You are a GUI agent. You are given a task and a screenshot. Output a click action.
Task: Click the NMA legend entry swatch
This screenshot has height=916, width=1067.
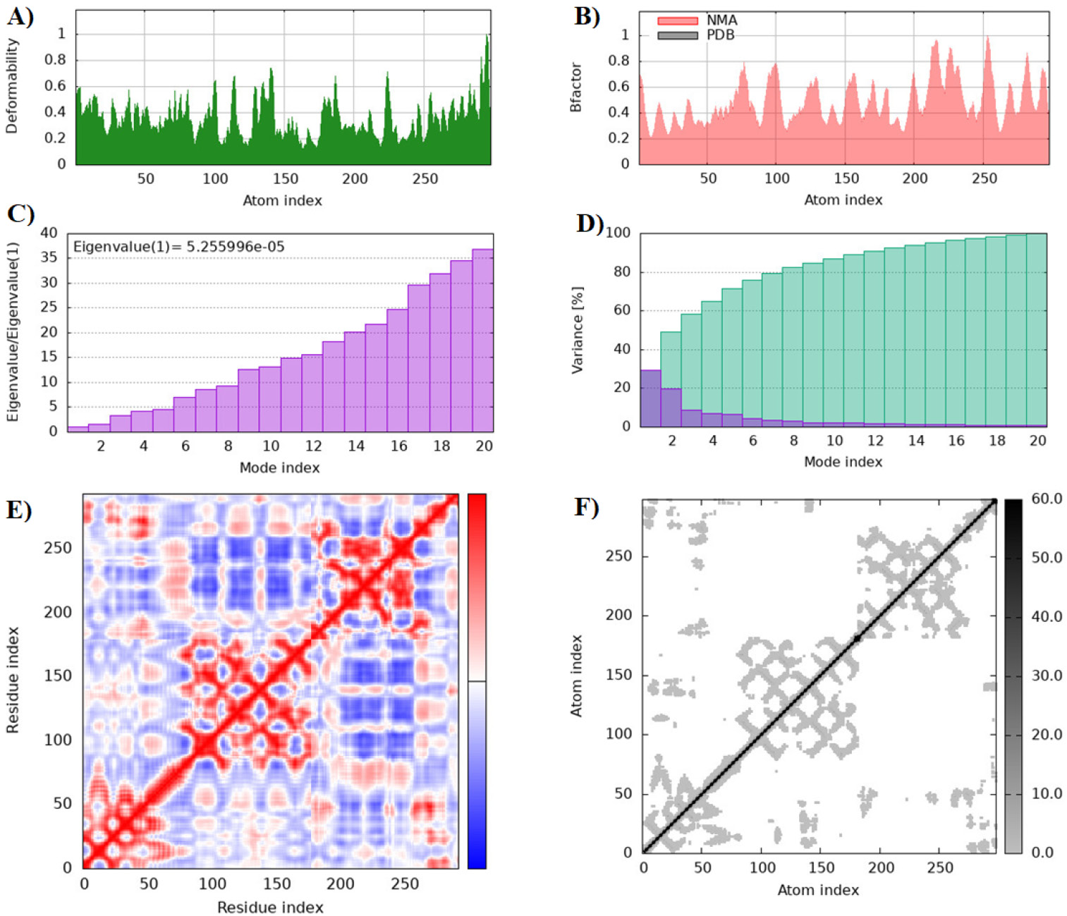point(677,20)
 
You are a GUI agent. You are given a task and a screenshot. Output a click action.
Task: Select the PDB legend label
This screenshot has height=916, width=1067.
point(720,35)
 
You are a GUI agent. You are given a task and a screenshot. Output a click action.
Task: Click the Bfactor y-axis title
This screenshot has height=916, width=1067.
point(575,87)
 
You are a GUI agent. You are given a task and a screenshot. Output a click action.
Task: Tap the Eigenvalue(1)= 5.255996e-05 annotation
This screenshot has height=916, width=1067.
point(178,247)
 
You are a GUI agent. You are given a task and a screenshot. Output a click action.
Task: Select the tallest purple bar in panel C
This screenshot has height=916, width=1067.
point(482,340)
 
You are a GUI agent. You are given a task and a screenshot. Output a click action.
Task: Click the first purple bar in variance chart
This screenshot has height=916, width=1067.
point(650,398)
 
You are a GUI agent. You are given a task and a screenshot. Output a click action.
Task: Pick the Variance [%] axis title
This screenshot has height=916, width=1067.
point(577,330)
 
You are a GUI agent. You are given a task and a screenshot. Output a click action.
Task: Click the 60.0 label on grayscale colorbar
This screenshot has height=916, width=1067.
point(1047,498)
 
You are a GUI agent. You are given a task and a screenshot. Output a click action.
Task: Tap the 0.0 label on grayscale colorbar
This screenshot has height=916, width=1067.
point(1042,853)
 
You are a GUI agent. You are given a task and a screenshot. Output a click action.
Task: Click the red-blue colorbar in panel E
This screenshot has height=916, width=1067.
point(477,681)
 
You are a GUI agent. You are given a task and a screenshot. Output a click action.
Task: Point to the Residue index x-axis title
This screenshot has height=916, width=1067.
point(270,907)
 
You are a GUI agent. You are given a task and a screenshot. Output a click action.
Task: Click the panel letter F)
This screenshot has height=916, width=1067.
point(587,507)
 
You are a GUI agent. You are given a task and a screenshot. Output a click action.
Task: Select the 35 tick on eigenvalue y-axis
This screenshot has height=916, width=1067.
point(49,257)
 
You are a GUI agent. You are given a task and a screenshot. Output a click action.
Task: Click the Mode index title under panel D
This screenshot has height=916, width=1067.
point(843,461)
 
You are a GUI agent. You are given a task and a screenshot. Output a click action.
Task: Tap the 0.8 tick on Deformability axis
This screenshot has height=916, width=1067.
point(55,60)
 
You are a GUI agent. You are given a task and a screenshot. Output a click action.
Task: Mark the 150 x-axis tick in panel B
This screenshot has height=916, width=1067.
point(846,178)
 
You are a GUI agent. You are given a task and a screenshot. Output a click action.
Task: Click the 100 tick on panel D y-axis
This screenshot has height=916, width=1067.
point(618,233)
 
